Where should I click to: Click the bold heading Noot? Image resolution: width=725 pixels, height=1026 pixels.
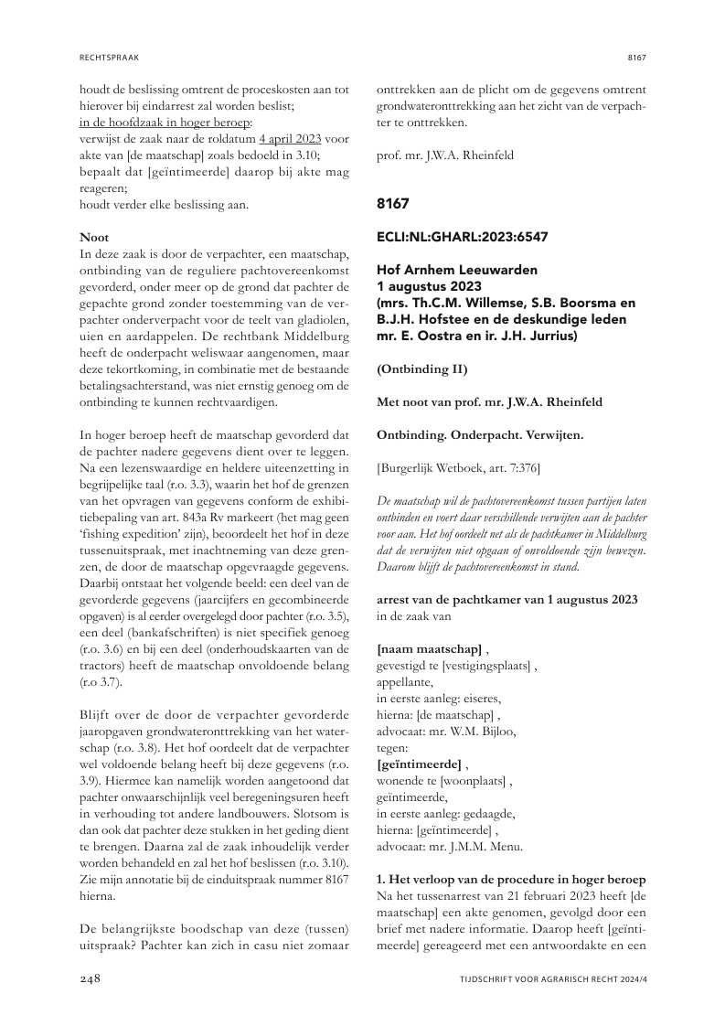click(x=94, y=237)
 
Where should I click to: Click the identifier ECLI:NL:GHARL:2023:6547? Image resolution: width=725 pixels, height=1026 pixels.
click(x=463, y=237)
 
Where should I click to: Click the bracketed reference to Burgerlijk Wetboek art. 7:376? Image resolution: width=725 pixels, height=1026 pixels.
click(x=458, y=468)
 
